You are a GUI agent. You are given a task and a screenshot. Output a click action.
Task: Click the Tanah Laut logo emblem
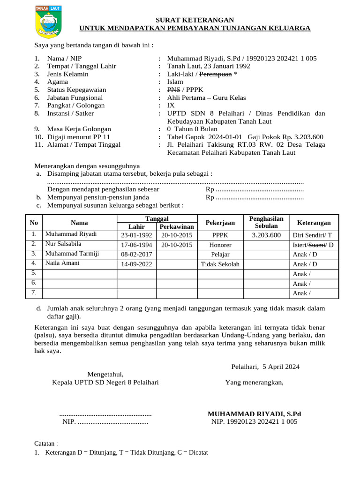[48, 22]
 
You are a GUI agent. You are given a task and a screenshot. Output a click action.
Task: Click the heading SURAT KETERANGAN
[195, 20]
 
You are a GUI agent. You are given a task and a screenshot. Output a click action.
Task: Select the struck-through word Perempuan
[216, 74]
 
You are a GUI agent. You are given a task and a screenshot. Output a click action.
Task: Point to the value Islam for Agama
[175, 82]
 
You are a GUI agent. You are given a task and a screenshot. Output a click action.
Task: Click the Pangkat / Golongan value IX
[171, 105]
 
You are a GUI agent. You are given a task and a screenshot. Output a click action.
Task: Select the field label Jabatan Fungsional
[75, 97]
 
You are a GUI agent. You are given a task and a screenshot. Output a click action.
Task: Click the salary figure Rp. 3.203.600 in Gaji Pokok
[297, 136]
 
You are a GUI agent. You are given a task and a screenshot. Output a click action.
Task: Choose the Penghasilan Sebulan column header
[266, 223]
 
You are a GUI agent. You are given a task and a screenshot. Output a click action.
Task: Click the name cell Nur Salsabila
[63, 244]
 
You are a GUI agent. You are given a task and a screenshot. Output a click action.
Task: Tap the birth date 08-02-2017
[136, 254]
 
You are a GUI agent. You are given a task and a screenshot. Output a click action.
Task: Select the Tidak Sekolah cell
[220, 264]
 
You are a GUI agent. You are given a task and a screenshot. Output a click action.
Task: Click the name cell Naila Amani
[62, 263]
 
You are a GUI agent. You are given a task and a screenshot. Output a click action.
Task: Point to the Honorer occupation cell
[220, 245]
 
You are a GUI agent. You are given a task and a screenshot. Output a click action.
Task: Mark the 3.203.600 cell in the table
[266, 235]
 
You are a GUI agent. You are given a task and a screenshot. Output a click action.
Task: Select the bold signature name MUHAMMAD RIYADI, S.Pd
[254, 413]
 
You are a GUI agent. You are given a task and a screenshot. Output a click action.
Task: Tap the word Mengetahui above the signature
[105, 374]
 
